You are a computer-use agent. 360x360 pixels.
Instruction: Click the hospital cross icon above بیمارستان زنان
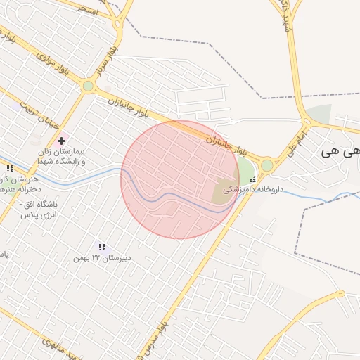coord(61,141)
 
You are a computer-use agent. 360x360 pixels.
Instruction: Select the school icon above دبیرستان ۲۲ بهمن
coord(102,247)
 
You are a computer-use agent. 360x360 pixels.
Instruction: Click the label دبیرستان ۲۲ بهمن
coord(102,258)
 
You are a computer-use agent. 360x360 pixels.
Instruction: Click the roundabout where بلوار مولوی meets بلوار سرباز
coord(88,86)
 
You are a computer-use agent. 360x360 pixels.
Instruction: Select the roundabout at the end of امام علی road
coord(267,165)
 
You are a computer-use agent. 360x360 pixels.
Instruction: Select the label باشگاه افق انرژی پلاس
coord(38,209)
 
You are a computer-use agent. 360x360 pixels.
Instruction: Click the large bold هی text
coord(340,151)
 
